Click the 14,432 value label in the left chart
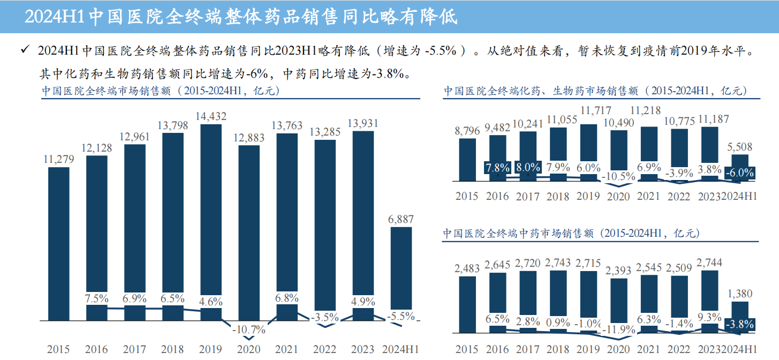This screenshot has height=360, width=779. coord(211,116)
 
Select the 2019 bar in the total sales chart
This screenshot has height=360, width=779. coord(211,214)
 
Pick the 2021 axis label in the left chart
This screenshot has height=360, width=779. coord(286,349)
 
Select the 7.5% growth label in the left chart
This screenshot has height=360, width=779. coord(97,298)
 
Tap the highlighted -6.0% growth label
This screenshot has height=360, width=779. coord(739,173)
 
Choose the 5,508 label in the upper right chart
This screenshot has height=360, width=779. coord(740,147)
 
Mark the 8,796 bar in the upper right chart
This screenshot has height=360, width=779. coord(467,160)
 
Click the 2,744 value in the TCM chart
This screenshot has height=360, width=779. coord(710,262)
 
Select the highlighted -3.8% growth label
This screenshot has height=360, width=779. coord(739,324)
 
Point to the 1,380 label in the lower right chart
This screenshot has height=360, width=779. coord(740,293)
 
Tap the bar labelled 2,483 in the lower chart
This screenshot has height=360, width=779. coord(467,304)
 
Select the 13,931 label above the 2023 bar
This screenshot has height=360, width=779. coord(362,123)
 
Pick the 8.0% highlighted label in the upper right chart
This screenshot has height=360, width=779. coord(527,167)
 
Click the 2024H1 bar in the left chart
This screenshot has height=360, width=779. coord(401,273)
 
